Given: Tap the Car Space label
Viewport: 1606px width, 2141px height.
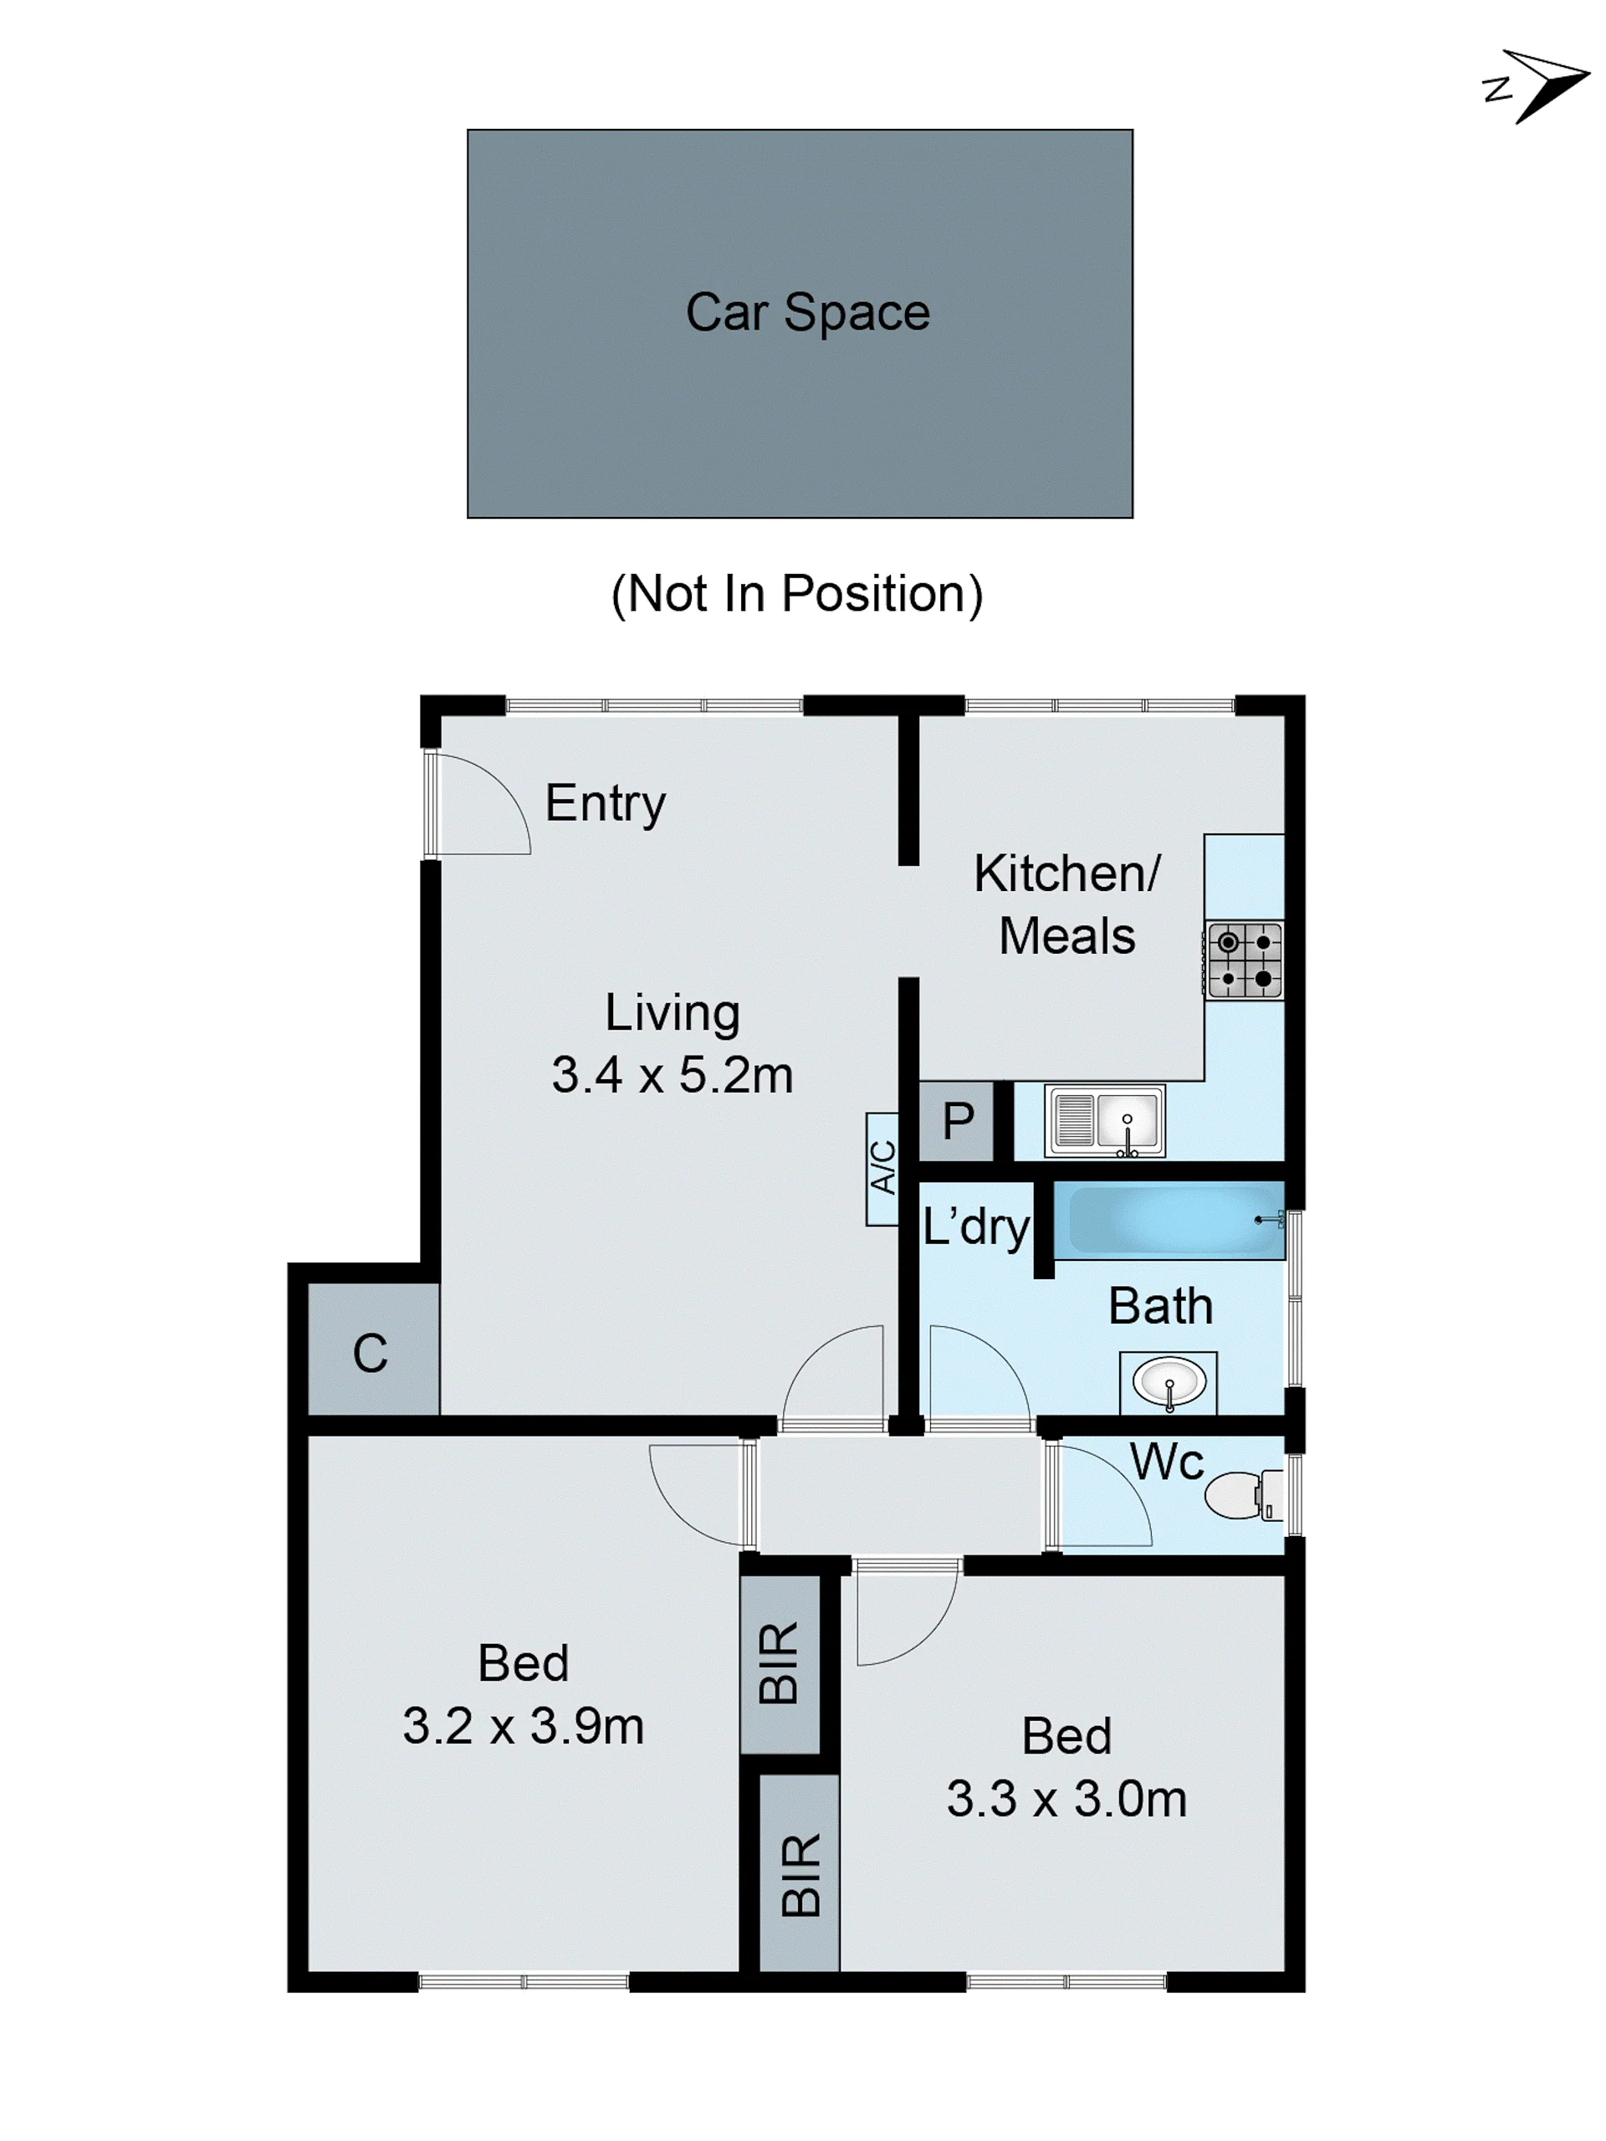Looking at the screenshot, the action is point(808,313).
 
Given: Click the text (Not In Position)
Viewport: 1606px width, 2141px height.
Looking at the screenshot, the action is point(797,593).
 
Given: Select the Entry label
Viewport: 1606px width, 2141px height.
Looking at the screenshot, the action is point(606,803).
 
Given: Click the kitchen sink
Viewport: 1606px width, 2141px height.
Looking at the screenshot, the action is point(1105,1121).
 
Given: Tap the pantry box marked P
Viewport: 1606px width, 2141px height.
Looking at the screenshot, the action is point(957,1121).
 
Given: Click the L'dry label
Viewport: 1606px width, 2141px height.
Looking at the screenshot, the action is point(976,1227).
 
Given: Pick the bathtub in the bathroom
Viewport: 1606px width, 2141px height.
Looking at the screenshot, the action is point(1169,1220).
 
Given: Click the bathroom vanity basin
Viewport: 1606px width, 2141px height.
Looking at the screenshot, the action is point(1169,1382).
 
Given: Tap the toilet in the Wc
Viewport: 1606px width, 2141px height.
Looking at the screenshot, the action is point(1245,1495).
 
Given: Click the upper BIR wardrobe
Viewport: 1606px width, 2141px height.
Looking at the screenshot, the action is point(780,1664).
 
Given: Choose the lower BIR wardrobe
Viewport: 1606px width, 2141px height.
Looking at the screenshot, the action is point(799,1873).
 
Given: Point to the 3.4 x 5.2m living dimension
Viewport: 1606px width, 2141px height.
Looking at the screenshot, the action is point(673,1075).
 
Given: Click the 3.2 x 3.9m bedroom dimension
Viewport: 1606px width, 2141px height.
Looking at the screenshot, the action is point(524,1726).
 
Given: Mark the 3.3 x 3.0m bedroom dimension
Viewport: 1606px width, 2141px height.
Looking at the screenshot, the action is point(1066,1798).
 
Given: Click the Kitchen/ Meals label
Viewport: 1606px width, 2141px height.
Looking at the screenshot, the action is point(1066,904).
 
